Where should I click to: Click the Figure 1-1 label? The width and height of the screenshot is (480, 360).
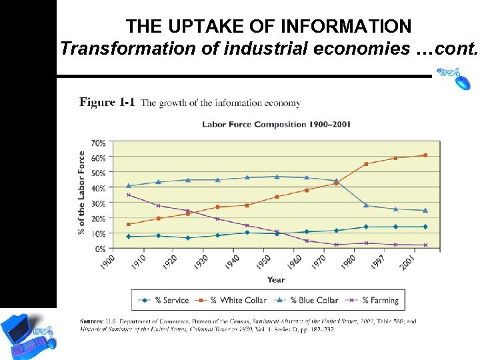[x=107, y=103]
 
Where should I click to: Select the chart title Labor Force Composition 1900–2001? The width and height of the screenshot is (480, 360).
[x=276, y=124]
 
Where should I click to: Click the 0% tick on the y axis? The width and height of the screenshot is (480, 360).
[x=99, y=249]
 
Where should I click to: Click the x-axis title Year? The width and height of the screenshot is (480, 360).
[x=276, y=280]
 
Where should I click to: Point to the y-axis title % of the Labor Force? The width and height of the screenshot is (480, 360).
[x=81, y=193]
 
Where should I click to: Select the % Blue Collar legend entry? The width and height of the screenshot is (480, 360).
[x=307, y=300]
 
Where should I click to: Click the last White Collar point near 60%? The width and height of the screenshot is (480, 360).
[x=425, y=155]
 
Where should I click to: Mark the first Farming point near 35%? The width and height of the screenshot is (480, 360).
[x=128, y=195]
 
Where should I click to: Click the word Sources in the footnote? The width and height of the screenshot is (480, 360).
[x=91, y=321]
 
